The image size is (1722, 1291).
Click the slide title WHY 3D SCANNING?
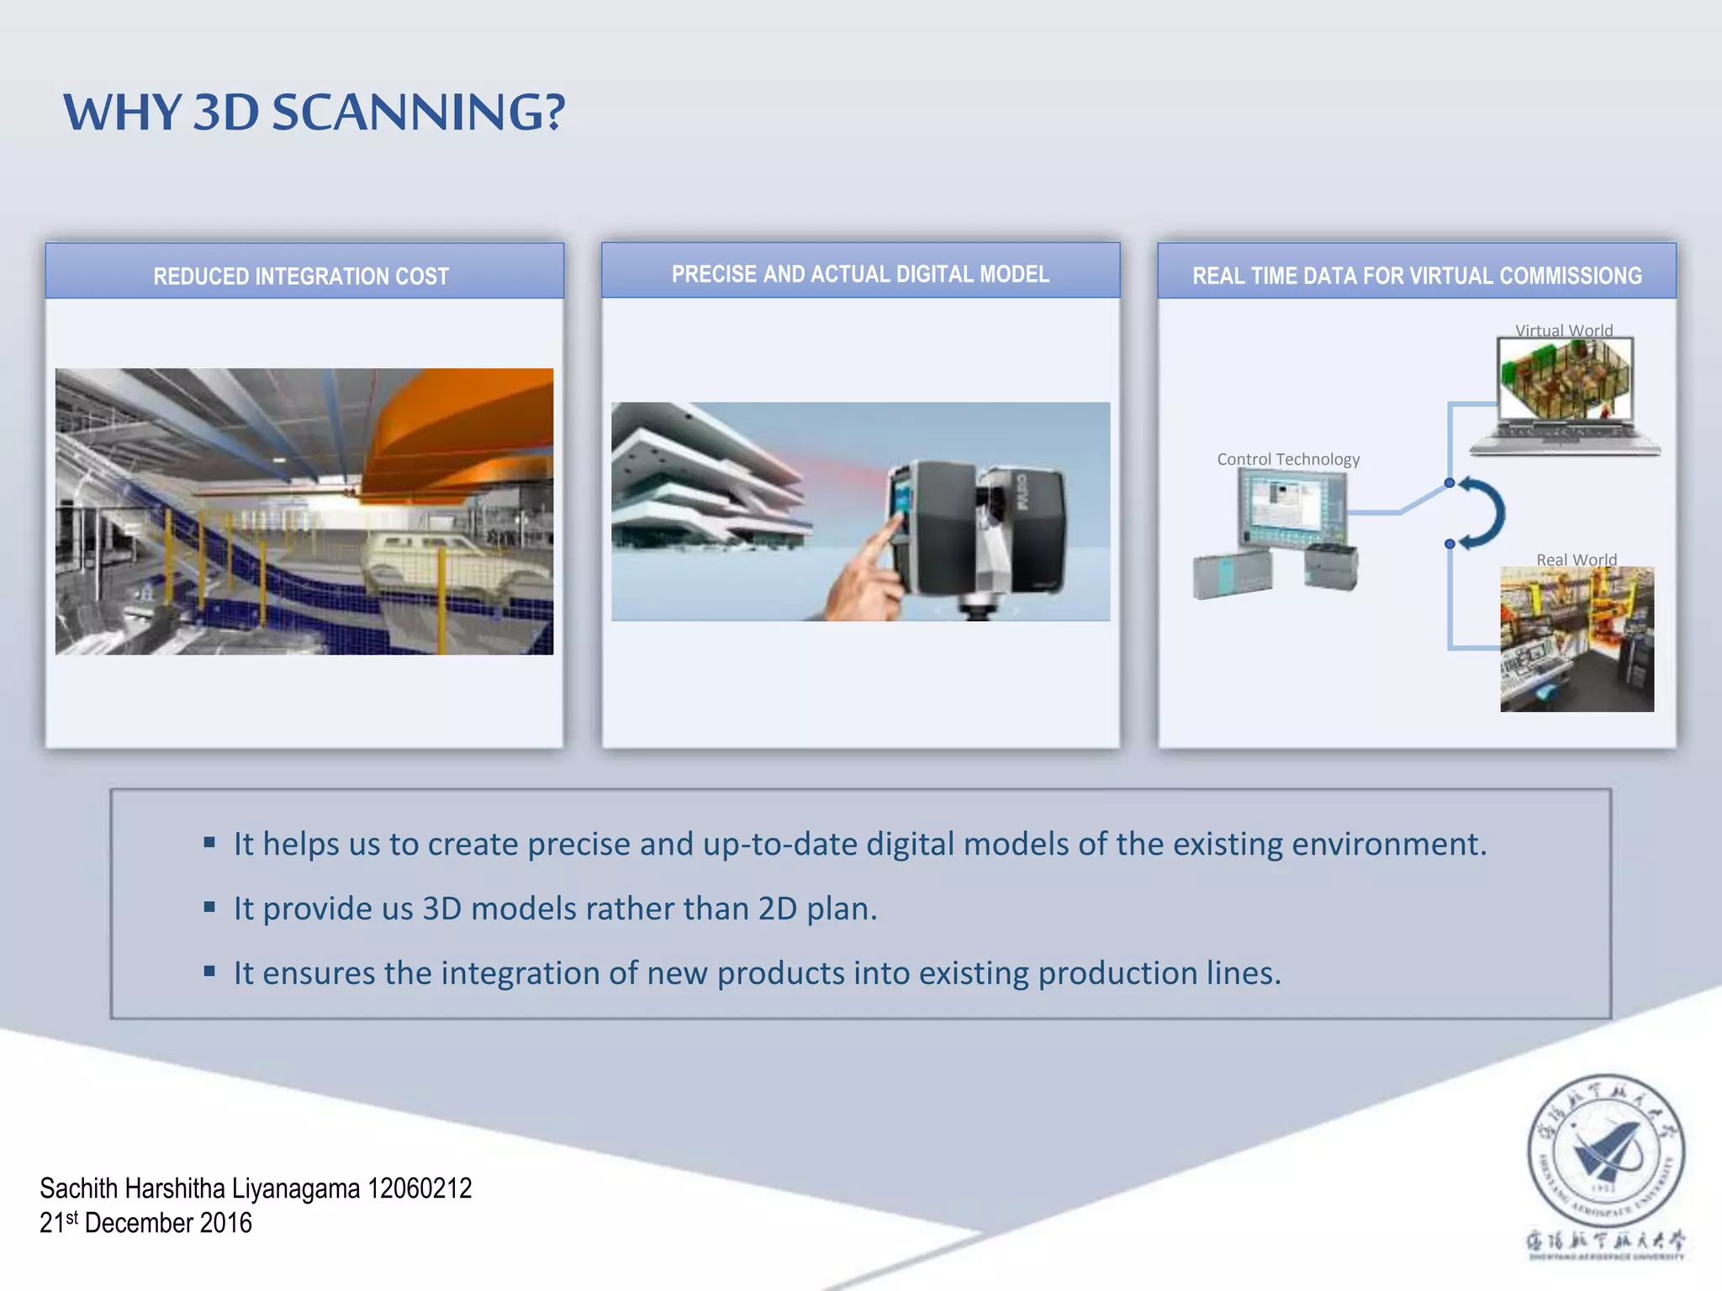click(314, 112)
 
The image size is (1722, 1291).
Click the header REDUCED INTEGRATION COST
click(301, 277)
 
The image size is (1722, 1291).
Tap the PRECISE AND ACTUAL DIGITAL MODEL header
click(860, 274)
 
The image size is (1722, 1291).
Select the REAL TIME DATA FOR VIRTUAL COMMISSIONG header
click(1417, 276)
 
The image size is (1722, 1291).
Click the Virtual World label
click(1563, 330)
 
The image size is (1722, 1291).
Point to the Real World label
click(1576, 560)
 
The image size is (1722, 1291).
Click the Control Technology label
click(1287, 459)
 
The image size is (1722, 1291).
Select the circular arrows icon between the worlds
click(1482, 513)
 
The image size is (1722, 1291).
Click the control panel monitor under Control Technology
click(1291, 509)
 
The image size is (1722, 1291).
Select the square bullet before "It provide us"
click(209, 907)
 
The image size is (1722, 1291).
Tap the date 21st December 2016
click(145, 1223)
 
